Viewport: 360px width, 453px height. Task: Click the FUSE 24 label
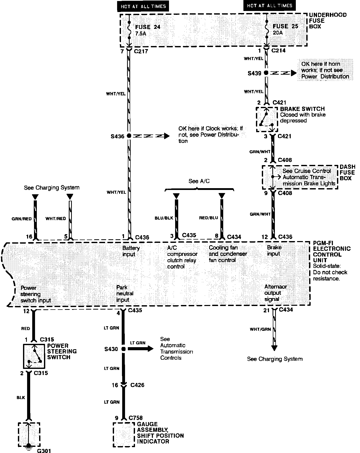tap(148, 27)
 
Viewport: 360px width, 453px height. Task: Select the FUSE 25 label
tap(285, 26)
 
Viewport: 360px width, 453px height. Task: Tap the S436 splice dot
tap(129, 136)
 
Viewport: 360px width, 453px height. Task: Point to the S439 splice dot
tap(266, 73)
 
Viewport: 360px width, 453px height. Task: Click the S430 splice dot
tap(123, 349)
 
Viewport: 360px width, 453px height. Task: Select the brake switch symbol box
tap(267, 119)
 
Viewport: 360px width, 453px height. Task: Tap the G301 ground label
tap(44, 450)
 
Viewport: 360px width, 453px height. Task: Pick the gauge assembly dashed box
tap(124, 434)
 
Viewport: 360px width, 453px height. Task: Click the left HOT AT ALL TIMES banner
tap(143, 6)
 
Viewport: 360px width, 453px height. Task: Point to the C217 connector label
tap(141, 51)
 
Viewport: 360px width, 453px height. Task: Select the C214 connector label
tap(278, 50)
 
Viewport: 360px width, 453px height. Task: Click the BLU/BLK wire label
tap(164, 218)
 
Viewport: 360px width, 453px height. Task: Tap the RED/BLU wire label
tap(208, 218)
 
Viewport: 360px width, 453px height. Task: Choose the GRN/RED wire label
tap(22, 219)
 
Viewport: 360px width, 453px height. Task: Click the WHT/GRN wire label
tap(260, 329)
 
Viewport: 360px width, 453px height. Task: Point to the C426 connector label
tap(137, 385)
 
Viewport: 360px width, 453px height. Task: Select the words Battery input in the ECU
tap(131, 251)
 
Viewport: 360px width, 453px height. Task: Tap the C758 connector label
tap(136, 418)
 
